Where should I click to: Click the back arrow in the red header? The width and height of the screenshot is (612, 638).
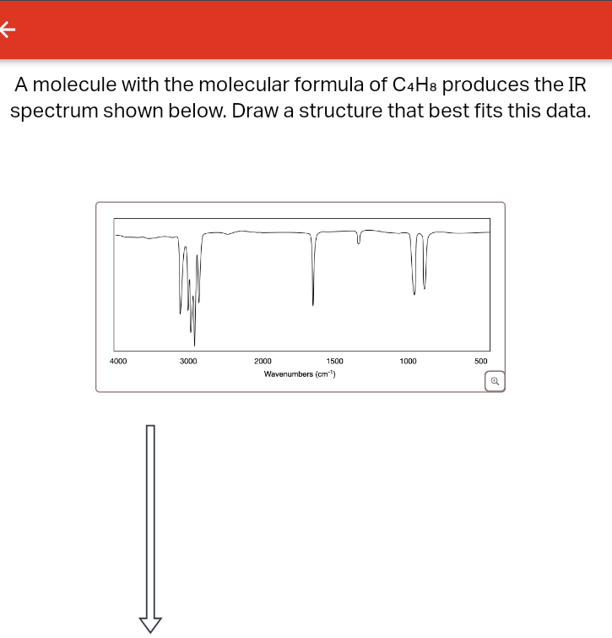coord(8,30)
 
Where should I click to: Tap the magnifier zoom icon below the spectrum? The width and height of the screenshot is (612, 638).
coord(496,382)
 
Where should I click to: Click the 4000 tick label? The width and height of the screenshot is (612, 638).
coord(118,361)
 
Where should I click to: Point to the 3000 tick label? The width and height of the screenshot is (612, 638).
coord(188,361)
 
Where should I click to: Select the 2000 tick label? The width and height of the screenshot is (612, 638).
coord(263,361)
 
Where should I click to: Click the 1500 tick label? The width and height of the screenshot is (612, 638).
coord(334,361)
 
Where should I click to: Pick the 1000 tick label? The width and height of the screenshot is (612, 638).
coord(408,361)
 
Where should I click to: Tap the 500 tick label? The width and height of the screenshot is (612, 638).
coord(480,361)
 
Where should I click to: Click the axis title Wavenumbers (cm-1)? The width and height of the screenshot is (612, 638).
coord(300,374)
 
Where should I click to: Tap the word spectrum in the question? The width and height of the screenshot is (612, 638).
coord(54,112)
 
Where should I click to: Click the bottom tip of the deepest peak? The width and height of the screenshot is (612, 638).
coord(195,345)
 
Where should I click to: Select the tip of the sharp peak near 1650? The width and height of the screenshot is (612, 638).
coord(313,305)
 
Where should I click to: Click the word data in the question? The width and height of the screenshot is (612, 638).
coord(563,112)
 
